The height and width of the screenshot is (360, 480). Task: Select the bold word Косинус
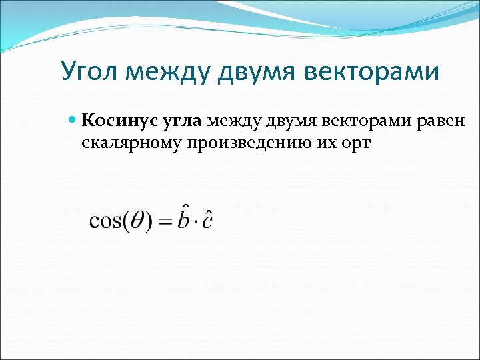coord(118,121)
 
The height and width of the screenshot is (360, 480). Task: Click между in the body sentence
coord(233,121)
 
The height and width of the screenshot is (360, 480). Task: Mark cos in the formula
coord(104,221)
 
